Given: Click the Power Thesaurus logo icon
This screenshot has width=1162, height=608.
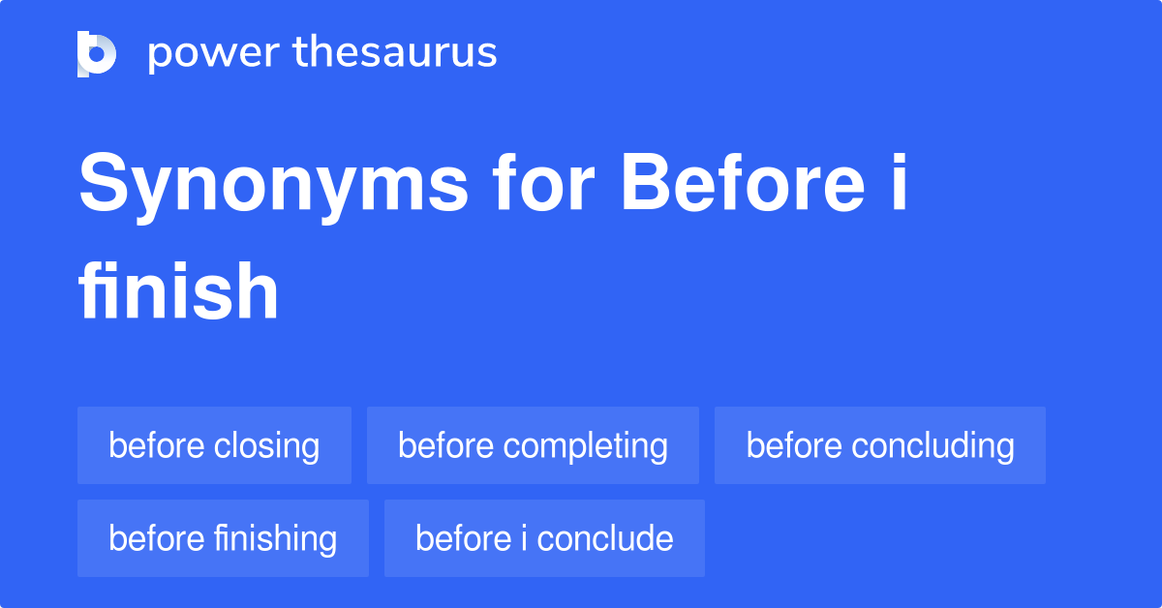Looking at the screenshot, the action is click(97, 54).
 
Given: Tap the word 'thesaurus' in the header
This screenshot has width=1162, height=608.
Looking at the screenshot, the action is click(395, 51).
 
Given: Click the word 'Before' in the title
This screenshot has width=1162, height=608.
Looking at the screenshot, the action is click(744, 182).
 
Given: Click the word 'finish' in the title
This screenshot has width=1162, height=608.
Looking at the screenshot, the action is click(178, 290).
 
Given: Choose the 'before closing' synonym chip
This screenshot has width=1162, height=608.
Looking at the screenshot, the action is click(214, 445).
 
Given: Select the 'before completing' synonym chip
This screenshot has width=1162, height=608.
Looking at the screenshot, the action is click(533, 445).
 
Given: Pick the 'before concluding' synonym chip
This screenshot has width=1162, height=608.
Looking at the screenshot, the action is click(880, 445).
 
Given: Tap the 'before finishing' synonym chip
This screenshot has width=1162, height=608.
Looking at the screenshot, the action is click(223, 538).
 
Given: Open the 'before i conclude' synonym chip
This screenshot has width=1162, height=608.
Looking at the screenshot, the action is click(544, 538).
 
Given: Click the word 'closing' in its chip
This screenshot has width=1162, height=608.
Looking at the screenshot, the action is click(266, 446).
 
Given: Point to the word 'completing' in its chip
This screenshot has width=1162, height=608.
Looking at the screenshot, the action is click(585, 446).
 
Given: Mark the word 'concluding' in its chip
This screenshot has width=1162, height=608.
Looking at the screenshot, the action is click(933, 446).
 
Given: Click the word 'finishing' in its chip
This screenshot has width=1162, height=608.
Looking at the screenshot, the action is click(275, 539).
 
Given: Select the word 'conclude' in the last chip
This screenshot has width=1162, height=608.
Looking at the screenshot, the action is click(605, 538).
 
